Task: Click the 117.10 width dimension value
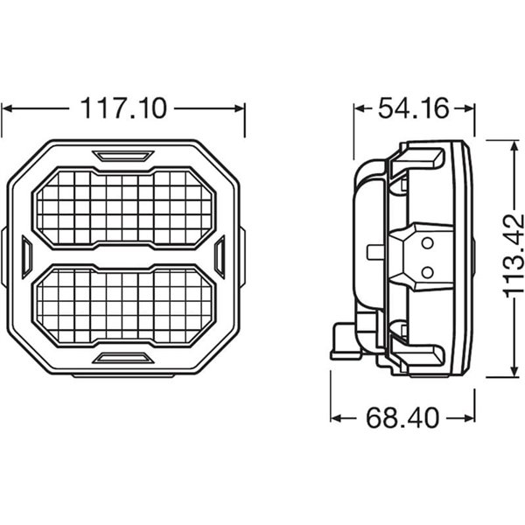pyautogui.click(x=123, y=109)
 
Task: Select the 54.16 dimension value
pyautogui.click(x=413, y=109)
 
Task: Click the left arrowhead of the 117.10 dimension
pyautogui.click(x=9, y=109)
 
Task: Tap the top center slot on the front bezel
pyautogui.click(x=123, y=156)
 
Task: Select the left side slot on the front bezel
pyautogui.click(x=26, y=256)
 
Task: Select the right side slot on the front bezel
pyautogui.click(x=220, y=256)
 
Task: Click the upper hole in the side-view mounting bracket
pyautogui.click(x=427, y=242)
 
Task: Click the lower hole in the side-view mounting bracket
pyautogui.click(x=427, y=271)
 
